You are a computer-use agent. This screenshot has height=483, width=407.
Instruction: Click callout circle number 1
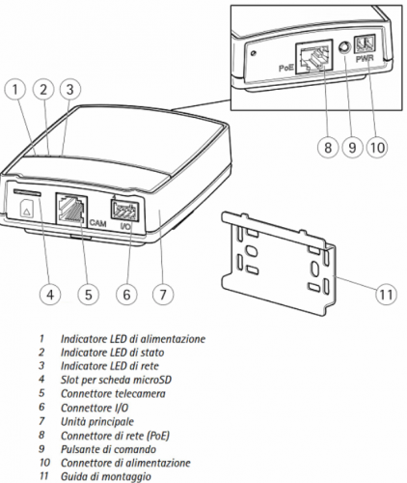click(x=15, y=89)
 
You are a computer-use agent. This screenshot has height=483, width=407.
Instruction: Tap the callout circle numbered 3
click(x=70, y=89)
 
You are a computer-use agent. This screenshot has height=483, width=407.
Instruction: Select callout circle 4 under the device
click(x=50, y=295)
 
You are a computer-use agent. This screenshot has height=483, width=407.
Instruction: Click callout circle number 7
click(x=163, y=295)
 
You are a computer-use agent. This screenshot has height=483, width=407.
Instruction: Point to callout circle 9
click(x=352, y=148)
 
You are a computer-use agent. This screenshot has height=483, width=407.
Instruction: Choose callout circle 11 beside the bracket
click(x=386, y=295)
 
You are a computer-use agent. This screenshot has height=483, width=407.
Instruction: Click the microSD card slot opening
click(x=27, y=192)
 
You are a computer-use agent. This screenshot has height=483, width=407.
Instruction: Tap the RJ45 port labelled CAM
click(x=71, y=209)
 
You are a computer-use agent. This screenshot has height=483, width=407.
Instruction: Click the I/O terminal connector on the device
click(x=122, y=211)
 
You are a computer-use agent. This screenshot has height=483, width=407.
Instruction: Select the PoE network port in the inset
click(x=314, y=57)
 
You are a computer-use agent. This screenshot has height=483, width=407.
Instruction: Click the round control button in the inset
click(x=343, y=48)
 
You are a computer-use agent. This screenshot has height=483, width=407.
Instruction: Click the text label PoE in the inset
click(x=285, y=69)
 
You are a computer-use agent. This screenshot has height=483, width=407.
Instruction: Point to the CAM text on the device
click(x=97, y=223)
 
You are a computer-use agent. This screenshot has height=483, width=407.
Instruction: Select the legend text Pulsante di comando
click(x=108, y=449)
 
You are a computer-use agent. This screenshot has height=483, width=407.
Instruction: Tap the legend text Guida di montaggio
click(x=106, y=477)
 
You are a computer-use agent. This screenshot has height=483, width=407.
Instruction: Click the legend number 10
click(x=44, y=463)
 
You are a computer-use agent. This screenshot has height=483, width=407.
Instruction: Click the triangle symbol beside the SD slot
click(x=25, y=212)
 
